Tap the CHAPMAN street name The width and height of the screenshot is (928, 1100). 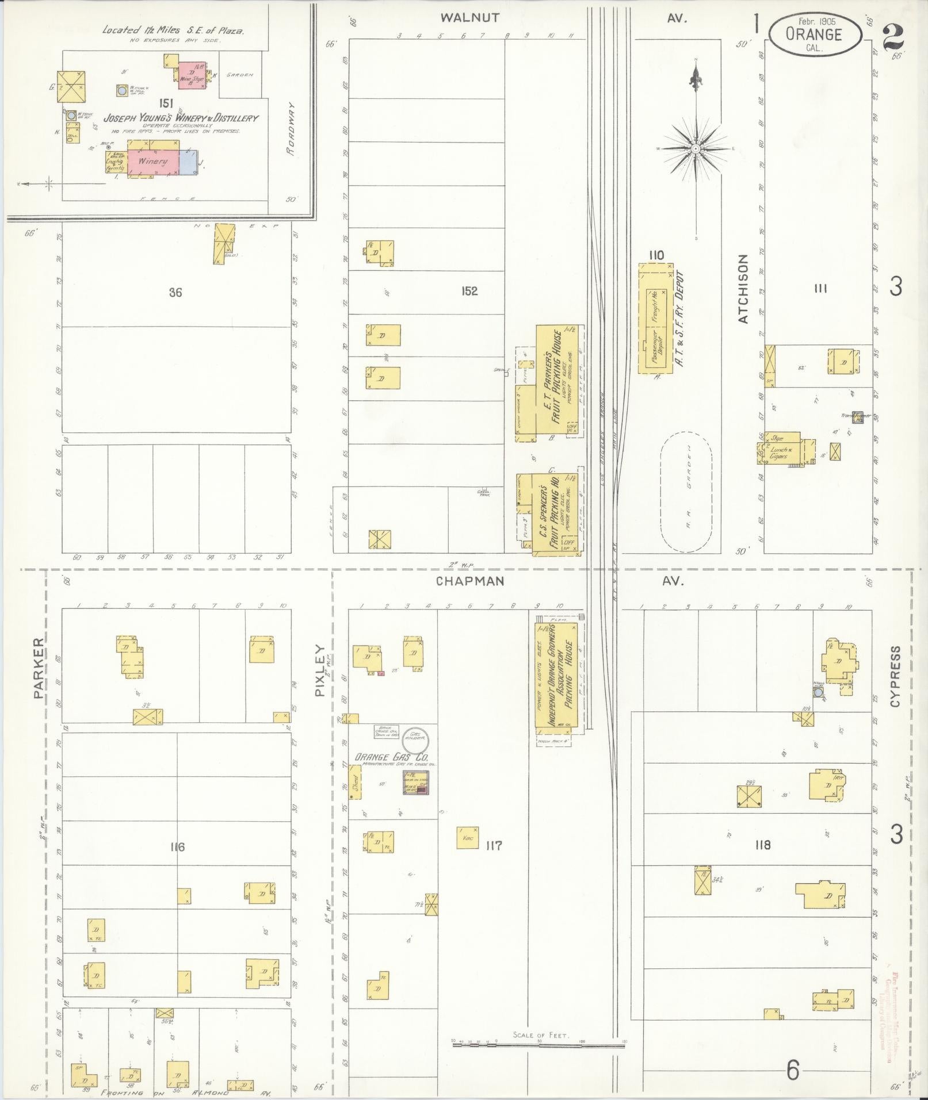pyautogui.click(x=470, y=581)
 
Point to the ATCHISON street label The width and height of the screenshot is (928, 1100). pyautogui.click(x=743, y=289)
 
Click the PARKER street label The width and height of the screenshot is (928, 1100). pyautogui.click(x=39, y=668)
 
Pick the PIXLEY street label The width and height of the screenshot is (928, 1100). pyautogui.click(x=320, y=670)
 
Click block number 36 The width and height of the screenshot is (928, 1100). pyautogui.click(x=175, y=293)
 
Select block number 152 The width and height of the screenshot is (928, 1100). pyautogui.click(x=469, y=292)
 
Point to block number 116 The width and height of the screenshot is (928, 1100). pyautogui.click(x=177, y=847)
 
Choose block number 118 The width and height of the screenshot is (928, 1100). pyautogui.click(x=763, y=845)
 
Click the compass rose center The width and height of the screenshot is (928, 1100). pyautogui.click(x=696, y=148)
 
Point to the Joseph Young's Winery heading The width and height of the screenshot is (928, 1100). pyautogui.click(x=181, y=118)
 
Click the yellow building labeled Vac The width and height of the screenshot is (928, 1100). pyautogui.click(x=467, y=838)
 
